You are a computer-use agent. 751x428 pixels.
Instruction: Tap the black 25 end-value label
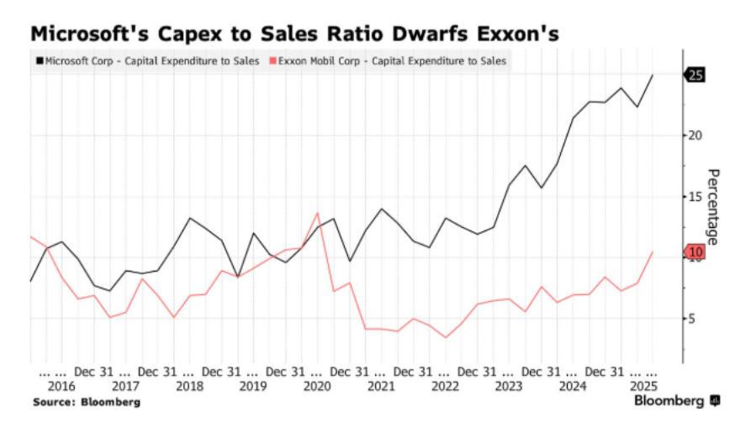pyautogui.click(x=695, y=75)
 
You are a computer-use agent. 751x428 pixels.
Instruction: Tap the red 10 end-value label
pyautogui.click(x=695, y=252)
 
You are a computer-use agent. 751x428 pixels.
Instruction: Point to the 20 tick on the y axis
pyautogui.click(x=696, y=135)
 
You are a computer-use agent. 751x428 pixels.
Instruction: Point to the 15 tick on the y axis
pyautogui.click(x=696, y=197)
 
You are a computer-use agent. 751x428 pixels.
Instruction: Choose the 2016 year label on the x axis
pyautogui.click(x=61, y=386)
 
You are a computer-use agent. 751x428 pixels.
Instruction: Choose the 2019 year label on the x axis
pyautogui.click(x=253, y=386)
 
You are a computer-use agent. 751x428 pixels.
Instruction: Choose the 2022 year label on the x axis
pyautogui.click(x=445, y=386)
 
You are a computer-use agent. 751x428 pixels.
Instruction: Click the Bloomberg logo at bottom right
pyautogui.click(x=676, y=401)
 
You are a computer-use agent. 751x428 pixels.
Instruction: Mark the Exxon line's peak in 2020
pyautogui.click(x=317, y=213)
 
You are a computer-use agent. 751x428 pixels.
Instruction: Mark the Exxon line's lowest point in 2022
pyautogui.click(x=445, y=338)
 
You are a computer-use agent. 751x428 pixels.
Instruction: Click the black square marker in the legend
pyautogui.click(x=39, y=61)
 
